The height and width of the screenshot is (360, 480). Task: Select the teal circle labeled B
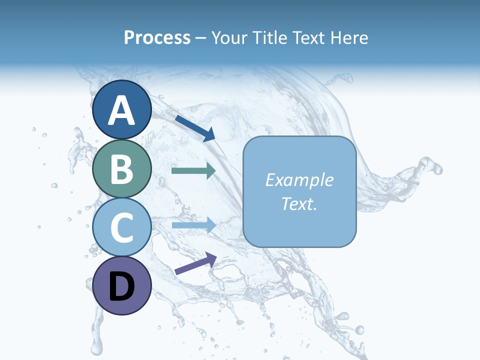point(122,168)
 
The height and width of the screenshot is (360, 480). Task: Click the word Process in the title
point(157,37)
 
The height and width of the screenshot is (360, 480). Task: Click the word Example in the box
point(299,180)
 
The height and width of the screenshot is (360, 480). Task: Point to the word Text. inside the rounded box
point(299,203)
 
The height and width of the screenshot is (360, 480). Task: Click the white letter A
point(122,111)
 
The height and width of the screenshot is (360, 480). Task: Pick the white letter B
point(122,169)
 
